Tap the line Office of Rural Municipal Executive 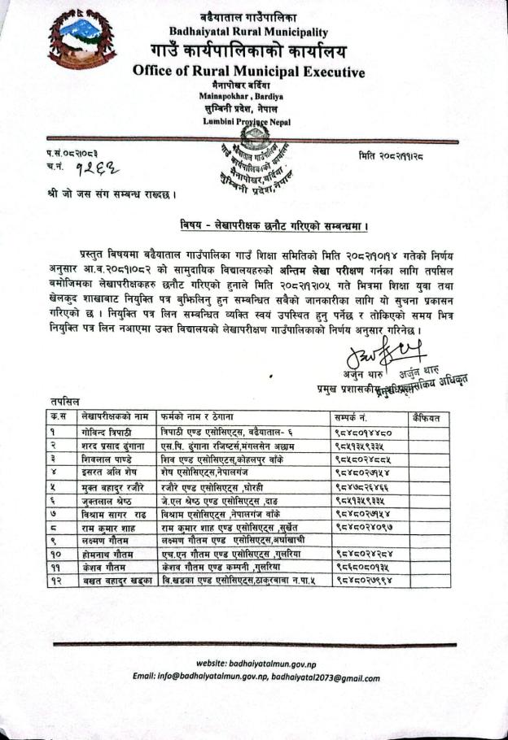point(248,72)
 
